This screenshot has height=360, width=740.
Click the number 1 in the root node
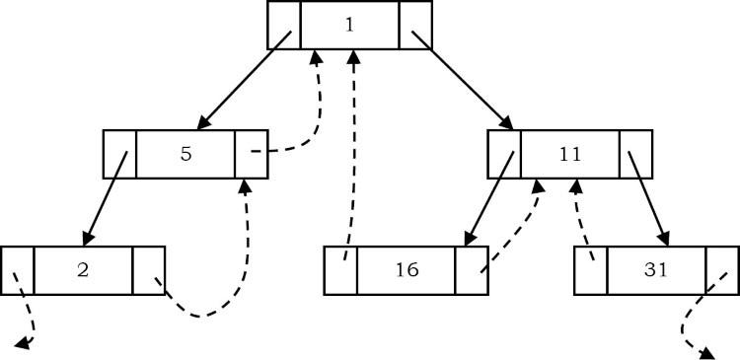(349, 25)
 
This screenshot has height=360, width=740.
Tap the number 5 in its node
(185, 154)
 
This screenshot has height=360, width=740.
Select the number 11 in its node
(569, 154)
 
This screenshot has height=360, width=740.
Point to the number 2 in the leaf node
(83, 269)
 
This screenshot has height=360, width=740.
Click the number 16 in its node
(406, 269)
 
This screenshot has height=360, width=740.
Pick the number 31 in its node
(655, 269)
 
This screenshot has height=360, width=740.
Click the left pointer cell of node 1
(284, 25)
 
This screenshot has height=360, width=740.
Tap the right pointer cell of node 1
(415, 25)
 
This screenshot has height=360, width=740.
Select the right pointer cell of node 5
(252, 154)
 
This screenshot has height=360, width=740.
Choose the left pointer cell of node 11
(504, 154)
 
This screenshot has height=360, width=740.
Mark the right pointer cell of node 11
(635, 154)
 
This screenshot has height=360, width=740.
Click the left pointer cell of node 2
(18, 269)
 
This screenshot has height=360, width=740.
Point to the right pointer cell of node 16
(472, 269)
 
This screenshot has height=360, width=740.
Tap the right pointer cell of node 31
(722, 269)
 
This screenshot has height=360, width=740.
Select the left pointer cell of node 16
(340, 269)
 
